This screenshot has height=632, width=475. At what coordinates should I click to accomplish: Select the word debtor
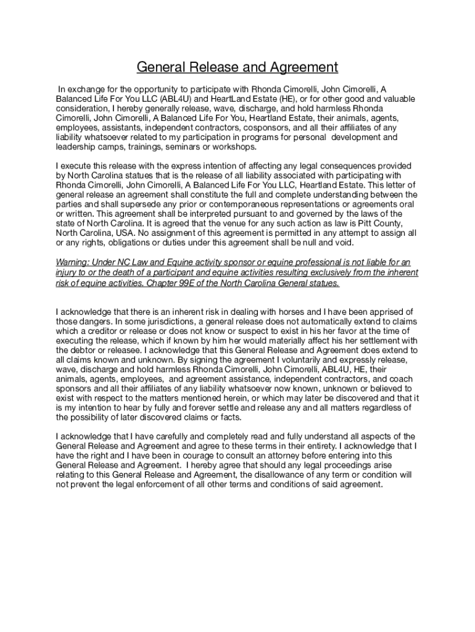point(84,351)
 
